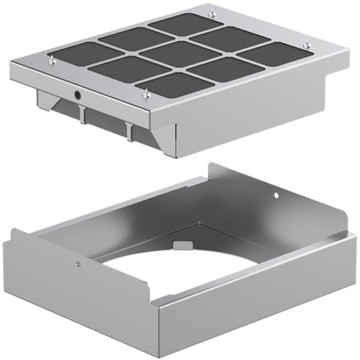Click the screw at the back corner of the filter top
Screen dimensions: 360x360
[x=211, y=13]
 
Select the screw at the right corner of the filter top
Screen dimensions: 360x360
[x=307, y=44]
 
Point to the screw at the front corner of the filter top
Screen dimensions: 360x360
[x=145, y=93]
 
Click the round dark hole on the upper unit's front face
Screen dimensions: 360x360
[x=78, y=95]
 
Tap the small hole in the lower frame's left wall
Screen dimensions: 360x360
[x=79, y=262]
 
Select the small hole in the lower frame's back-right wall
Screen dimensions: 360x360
[x=276, y=194]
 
